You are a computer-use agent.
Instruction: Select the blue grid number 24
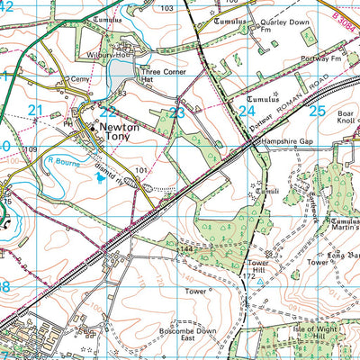coord(247,111)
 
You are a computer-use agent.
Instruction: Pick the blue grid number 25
coord(316,111)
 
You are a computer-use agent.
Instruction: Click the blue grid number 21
coord(35,111)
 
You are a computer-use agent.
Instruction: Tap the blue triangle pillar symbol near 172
coord(260,281)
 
